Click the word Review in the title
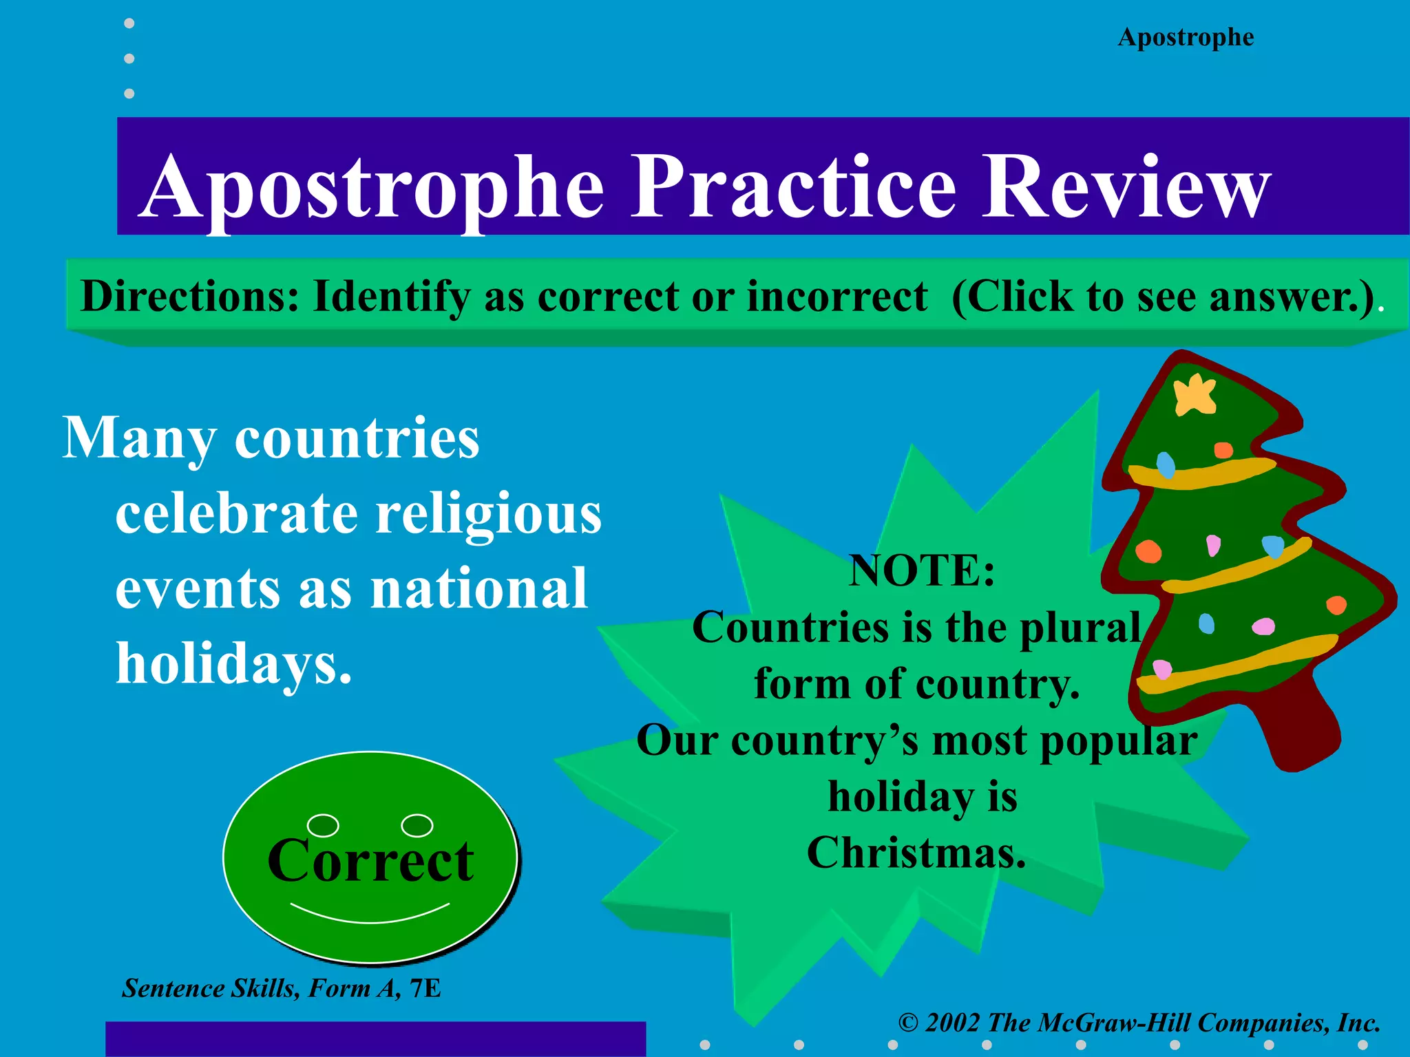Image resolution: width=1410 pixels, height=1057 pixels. click(x=1125, y=187)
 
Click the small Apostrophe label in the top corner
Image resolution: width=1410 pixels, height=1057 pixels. click(x=1186, y=37)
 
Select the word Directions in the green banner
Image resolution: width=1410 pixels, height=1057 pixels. click(x=190, y=297)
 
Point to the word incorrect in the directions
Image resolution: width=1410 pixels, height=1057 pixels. click(x=837, y=297)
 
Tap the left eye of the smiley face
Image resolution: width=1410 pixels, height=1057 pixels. click(x=323, y=824)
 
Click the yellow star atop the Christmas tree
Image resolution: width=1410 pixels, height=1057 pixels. click(x=1195, y=395)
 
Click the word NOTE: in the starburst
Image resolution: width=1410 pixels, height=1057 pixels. click(x=922, y=570)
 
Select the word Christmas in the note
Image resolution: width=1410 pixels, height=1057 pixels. click(x=916, y=853)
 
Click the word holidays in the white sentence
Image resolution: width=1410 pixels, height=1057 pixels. click(x=233, y=663)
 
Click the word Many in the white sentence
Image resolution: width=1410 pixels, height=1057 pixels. click(x=139, y=439)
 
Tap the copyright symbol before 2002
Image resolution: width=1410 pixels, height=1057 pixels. click(x=908, y=1023)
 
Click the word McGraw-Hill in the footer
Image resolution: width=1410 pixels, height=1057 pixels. click(x=1113, y=1023)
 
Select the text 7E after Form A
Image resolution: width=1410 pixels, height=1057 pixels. click(x=425, y=989)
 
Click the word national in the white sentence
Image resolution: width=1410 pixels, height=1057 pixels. click(x=479, y=589)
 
